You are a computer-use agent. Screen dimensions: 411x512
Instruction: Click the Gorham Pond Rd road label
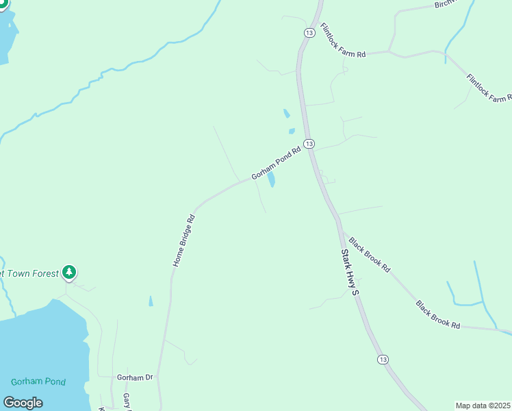point(277,164)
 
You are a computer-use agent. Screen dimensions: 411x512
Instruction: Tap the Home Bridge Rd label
point(184,241)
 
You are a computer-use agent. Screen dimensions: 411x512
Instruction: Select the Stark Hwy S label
point(350,273)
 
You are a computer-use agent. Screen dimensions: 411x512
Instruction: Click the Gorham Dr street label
point(133,377)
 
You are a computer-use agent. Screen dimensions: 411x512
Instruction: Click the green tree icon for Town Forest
point(68,273)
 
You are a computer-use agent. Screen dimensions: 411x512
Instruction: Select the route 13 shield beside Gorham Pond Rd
point(309,143)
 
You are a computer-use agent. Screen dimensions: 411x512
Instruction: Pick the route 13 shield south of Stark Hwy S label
point(382,359)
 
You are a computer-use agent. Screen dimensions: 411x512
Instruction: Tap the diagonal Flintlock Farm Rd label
point(489,88)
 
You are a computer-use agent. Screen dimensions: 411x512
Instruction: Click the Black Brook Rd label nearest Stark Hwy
point(369,255)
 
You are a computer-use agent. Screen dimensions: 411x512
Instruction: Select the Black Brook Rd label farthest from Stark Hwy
point(437,314)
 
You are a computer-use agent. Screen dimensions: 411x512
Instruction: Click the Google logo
point(23,403)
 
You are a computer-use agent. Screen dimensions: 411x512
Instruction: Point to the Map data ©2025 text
point(483,406)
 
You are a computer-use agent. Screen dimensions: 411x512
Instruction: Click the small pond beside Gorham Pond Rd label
point(271,180)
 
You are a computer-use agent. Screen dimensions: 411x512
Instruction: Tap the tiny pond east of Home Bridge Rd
point(151,301)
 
